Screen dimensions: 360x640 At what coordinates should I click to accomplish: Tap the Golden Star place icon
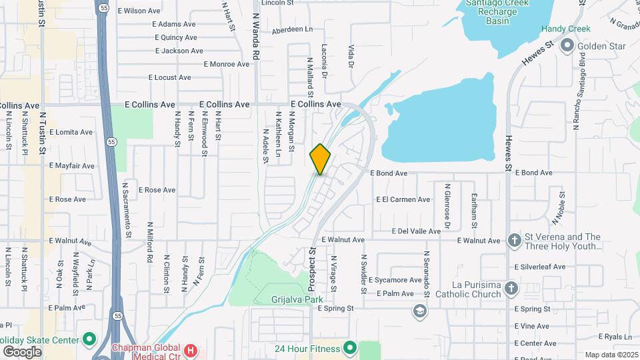568,46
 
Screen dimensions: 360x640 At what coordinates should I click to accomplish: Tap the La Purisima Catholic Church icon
511,288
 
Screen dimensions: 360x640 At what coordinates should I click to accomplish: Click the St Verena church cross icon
514,240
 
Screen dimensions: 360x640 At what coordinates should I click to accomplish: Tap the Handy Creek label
563,29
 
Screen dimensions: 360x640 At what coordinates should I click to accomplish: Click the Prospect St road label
311,269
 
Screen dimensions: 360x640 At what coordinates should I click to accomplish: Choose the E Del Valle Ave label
415,231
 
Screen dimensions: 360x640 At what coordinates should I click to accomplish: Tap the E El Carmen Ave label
403,199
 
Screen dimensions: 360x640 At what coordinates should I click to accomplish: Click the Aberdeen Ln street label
292,30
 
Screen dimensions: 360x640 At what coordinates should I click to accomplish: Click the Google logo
22,351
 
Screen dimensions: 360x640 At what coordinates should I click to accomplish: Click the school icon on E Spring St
419,310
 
